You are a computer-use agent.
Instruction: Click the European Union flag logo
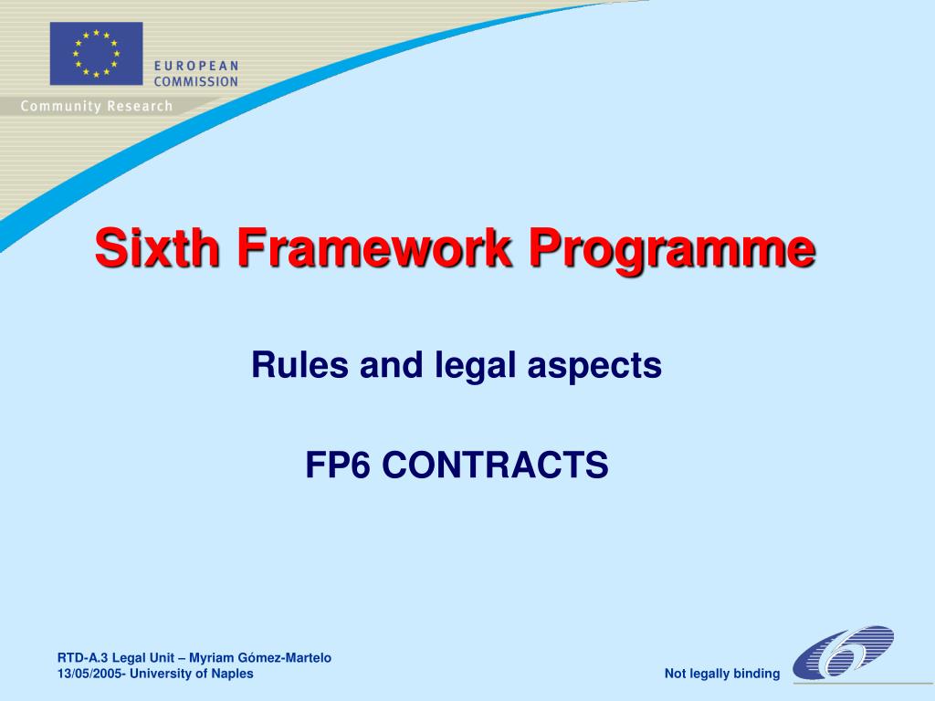point(96,54)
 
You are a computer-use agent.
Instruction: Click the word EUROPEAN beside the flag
point(195,66)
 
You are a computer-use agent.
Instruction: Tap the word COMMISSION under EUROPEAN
point(195,81)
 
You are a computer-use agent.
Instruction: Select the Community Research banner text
point(96,106)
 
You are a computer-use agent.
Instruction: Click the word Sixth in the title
point(157,248)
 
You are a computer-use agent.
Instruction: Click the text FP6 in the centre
point(338,466)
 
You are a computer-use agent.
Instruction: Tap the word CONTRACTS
point(494,466)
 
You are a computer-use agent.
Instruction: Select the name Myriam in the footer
point(212,657)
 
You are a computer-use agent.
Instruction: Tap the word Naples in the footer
point(232,674)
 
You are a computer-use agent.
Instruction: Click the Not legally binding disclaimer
point(722,675)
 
